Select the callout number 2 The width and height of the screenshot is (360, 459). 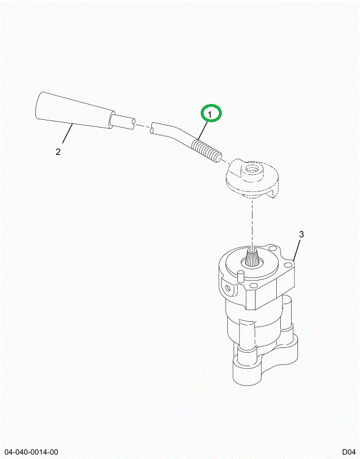click(58, 152)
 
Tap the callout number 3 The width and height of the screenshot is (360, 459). click(301, 235)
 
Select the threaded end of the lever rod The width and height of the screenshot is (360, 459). click(207, 151)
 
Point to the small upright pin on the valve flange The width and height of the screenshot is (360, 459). click(241, 276)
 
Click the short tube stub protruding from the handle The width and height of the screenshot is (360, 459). click(124, 123)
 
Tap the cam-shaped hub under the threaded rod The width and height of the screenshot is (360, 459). click(251, 177)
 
